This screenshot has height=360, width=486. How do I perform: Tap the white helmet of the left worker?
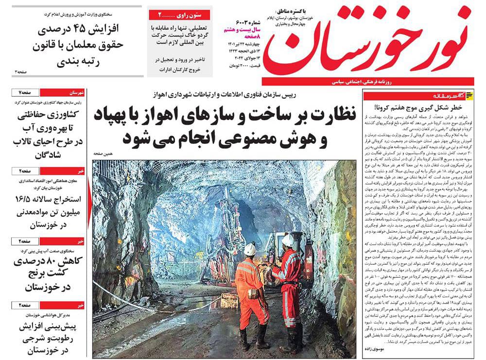250,249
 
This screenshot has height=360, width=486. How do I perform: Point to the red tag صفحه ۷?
25,92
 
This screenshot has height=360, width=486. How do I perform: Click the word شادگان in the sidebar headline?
52,155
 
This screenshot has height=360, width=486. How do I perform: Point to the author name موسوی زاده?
377,349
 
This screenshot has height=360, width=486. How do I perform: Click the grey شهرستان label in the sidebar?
78,92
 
